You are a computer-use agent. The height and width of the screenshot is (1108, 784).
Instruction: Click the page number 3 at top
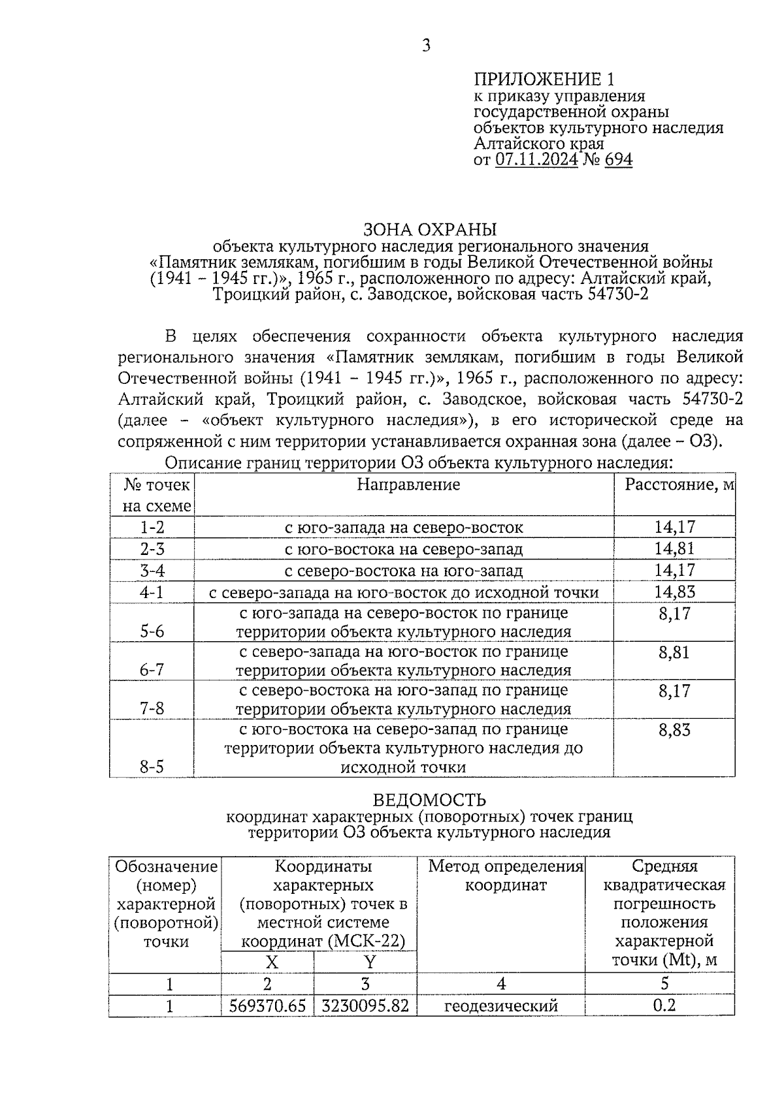click(426, 46)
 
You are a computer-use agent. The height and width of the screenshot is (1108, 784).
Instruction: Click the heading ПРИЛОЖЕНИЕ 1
click(544, 80)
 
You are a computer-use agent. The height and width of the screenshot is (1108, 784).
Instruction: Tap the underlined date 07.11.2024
click(536, 160)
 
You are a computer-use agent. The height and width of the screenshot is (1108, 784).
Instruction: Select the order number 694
click(618, 160)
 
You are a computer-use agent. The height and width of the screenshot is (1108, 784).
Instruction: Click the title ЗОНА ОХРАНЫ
click(430, 230)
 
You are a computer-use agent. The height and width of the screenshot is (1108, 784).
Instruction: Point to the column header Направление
click(408, 484)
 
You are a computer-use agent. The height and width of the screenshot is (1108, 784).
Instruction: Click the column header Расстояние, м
click(679, 484)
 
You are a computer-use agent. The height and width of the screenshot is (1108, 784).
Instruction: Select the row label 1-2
click(152, 527)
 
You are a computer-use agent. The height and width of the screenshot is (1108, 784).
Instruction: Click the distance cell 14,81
click(674, 548)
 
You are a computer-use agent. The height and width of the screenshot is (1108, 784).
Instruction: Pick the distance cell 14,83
click(674, 592)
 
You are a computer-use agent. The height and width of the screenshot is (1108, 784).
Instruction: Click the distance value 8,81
click(674, 652)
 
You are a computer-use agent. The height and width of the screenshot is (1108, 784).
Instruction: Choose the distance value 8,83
click(674, 730)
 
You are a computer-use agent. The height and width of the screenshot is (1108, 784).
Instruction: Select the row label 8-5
click(152, 767)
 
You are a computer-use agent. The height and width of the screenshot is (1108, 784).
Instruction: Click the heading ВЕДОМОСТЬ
click(429, 800)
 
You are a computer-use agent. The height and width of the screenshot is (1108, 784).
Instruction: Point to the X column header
click(271, 962)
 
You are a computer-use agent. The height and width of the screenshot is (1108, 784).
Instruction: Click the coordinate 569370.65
click(268, 1005)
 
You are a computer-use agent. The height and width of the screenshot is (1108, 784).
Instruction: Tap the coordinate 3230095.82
click(365, 1005)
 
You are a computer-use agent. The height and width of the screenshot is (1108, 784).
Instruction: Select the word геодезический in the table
click(501, 1005)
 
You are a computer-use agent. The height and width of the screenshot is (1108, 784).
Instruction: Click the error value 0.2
click(664, 1005)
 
